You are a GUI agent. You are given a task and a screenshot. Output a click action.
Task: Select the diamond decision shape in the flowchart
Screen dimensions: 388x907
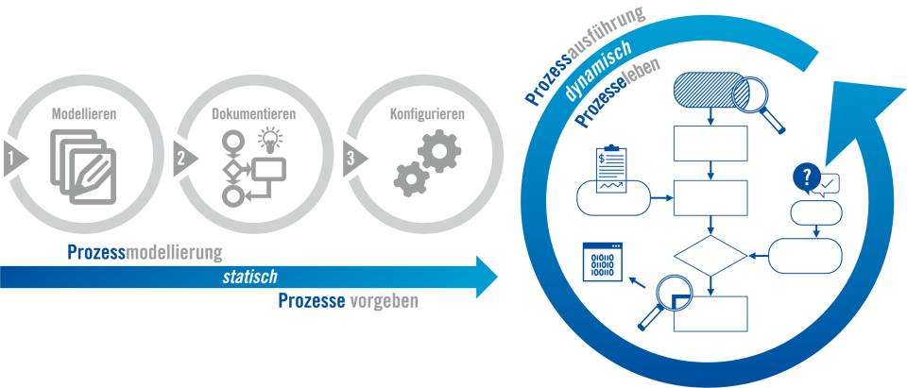[710, 255]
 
